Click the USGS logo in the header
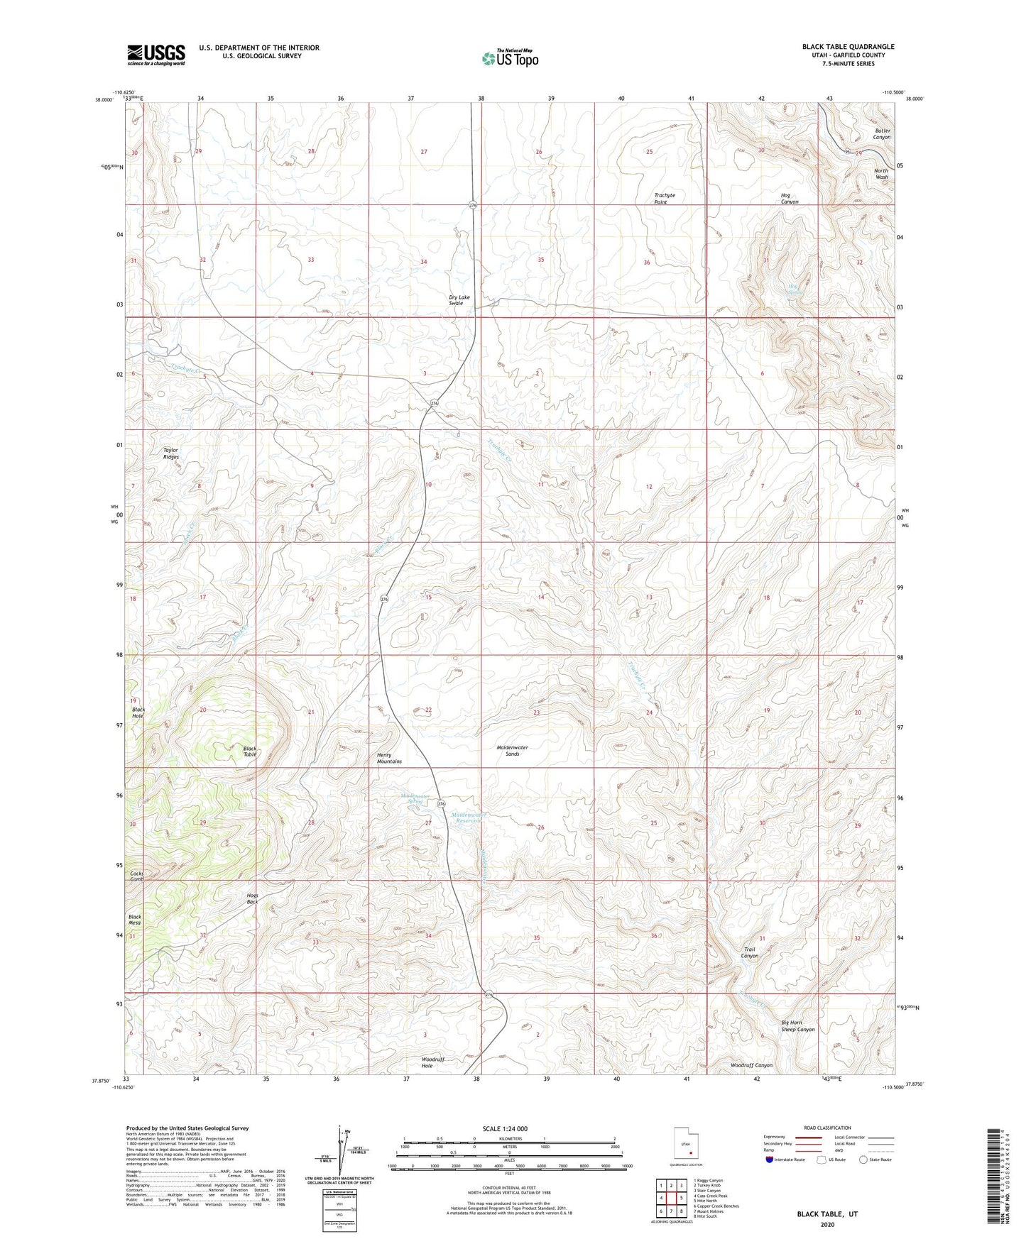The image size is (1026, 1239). click(x=156, y=55)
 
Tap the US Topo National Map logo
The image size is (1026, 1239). click(x=510, y=58)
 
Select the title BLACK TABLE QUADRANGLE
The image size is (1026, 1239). click(x=848, y=47)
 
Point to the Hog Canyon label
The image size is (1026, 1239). click(x=790, y=198)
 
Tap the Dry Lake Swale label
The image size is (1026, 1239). click(x=459, y=300)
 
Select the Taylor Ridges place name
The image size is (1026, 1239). click(x=170, y=453)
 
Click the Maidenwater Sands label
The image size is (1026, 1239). click(x=512, y=751)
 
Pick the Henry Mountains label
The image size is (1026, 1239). click(x=389, y=758)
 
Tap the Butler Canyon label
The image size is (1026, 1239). click(x=882, y=134)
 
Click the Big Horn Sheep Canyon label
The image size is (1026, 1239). click(x=797, y=1026)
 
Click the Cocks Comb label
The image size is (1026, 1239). click(x=136, y=876)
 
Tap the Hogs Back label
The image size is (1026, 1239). click(x=252, y=898)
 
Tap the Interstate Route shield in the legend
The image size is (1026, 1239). click(x=770, y=1160)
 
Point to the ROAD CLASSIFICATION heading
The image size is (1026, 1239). click(x=827, y=1128)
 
